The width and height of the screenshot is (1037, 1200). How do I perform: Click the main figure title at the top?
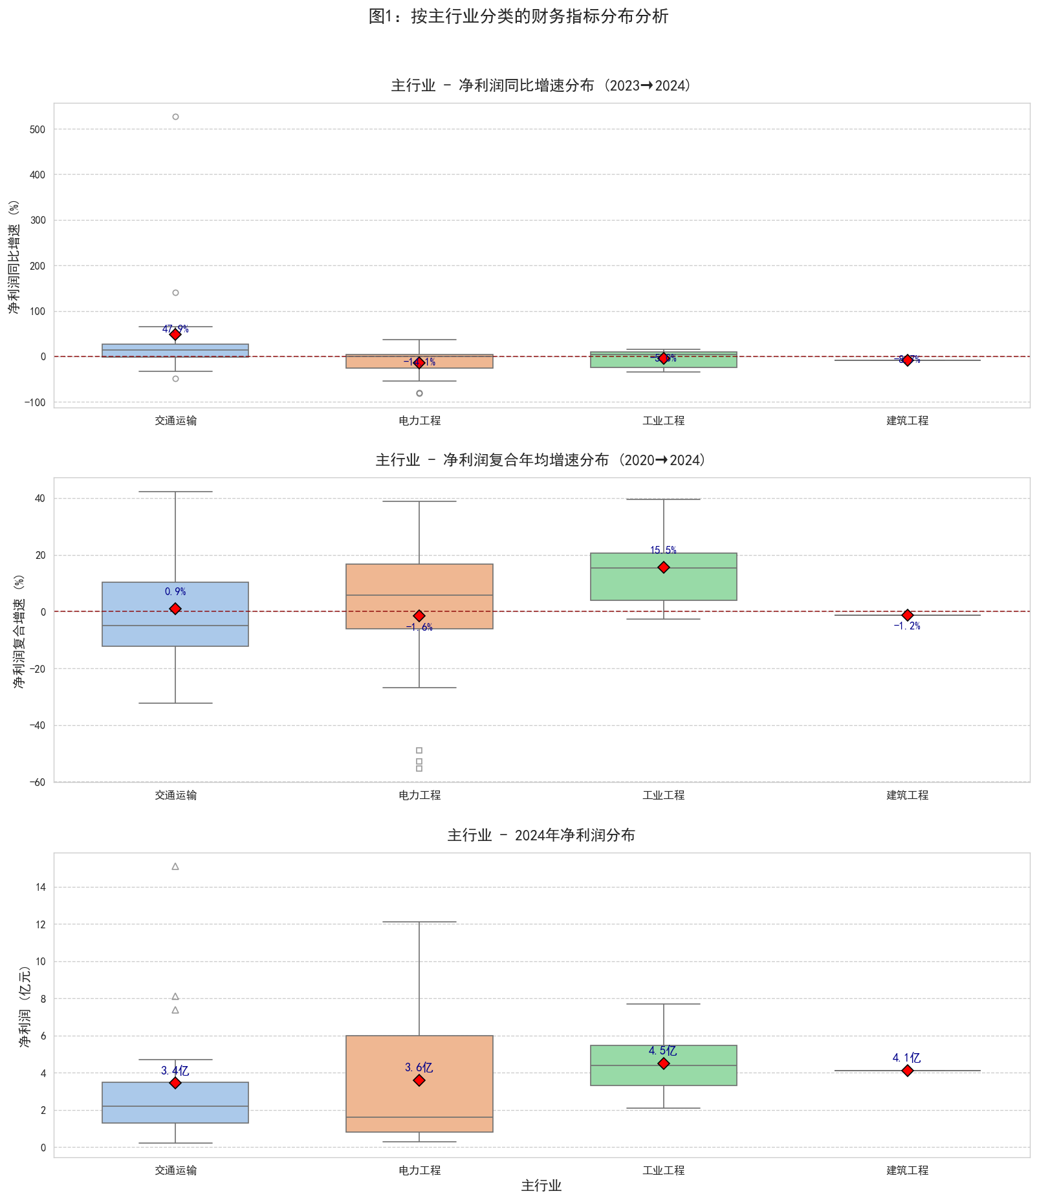coord(518,16)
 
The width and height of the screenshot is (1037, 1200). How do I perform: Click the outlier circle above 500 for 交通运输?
coord(175,117)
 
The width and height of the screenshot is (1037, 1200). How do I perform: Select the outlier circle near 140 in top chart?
coord(175,293)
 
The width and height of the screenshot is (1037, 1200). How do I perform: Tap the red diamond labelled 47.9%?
coord(175,334)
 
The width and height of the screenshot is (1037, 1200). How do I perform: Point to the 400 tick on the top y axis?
coord(38,175)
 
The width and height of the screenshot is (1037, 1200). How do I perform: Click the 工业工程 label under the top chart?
coord(663,420)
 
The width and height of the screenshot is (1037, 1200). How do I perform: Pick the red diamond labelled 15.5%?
coord(663,567)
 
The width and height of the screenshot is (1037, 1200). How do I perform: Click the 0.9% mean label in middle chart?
coord(175,591)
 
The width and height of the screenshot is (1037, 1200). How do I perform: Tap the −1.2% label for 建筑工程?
coord(907,626)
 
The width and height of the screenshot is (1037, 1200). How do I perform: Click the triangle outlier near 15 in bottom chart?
coord(175,866)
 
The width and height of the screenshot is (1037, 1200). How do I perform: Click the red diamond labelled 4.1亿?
coord(907,1071)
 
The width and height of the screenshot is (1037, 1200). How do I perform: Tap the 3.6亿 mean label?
coord(419,1067)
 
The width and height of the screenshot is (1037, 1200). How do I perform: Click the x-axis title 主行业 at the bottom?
coord(541,1186)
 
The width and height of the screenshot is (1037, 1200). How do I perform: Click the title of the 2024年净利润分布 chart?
coord(541,835)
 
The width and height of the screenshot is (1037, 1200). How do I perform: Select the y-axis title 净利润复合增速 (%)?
coord(19,631)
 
